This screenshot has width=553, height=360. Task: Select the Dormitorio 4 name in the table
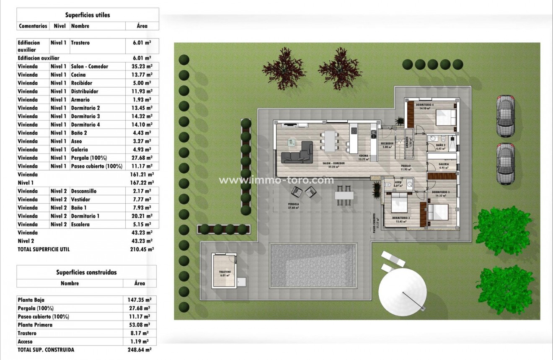(x=85, y=124)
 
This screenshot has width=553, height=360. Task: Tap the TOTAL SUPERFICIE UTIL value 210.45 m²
(x=142, y=249)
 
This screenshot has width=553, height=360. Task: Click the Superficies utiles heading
(x=88, y=15)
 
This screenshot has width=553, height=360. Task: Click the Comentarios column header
(x=33, y=26)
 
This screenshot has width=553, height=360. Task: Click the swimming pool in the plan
(x=313, y=265)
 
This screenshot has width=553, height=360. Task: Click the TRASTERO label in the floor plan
(x=225, y=272)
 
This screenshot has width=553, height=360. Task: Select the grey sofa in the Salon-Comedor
(x=298, y=153)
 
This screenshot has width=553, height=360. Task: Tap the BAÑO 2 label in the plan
(x=440, y=145)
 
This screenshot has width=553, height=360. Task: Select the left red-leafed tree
(x=284, y=68)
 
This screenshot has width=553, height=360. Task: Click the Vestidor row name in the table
(x=80, y=199)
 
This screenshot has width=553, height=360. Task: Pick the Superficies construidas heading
(x=87, y=272)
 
